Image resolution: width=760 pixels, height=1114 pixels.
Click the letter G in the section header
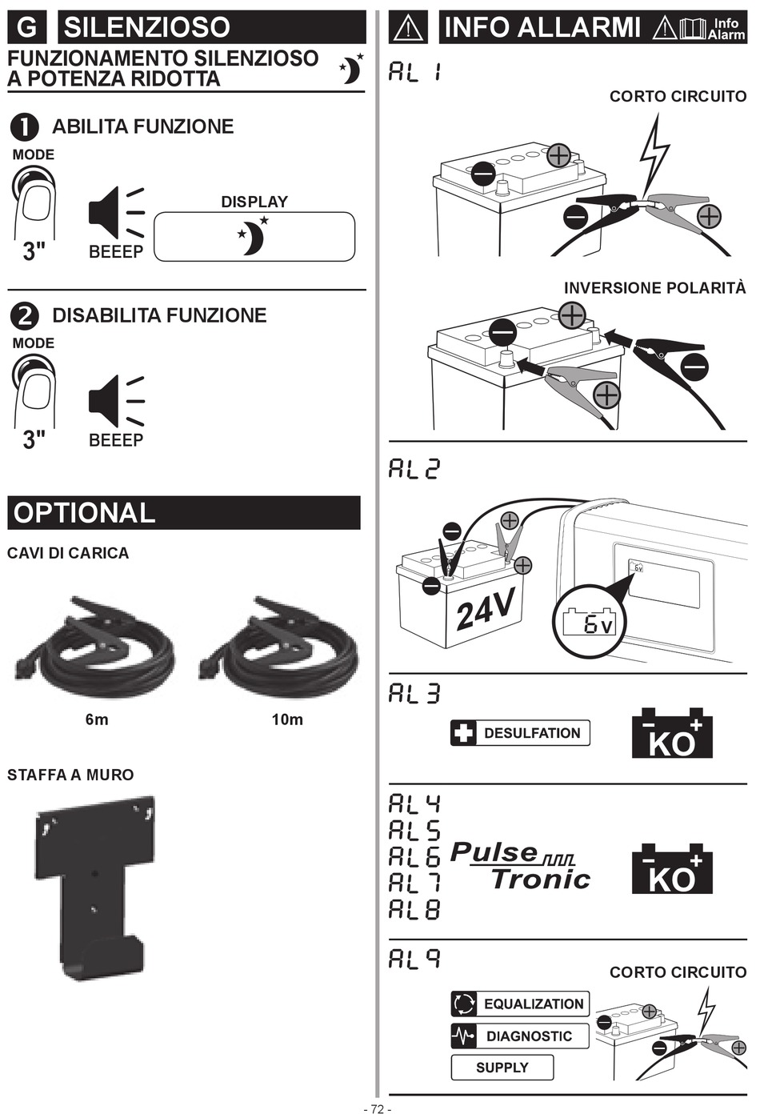click(27, 27)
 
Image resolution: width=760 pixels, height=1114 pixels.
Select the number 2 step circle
click(24, 316)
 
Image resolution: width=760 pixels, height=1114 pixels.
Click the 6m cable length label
click(97, 719)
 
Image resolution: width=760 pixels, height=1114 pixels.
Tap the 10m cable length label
click(287, 719)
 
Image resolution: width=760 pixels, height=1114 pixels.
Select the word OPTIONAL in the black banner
click(85, 513)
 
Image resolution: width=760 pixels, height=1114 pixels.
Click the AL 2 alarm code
click(414, 468)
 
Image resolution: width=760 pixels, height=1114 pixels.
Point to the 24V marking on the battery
click(485, 608)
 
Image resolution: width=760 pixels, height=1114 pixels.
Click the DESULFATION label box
click(520, 732)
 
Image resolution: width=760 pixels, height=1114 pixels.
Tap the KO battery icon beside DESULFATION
click(672, 733)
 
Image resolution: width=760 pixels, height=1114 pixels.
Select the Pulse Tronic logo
click(520, 866)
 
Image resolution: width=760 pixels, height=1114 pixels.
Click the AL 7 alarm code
click(414, 883)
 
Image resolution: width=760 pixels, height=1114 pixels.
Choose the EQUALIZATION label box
click(520, 1004)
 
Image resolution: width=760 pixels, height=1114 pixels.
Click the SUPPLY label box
click(502, 1068)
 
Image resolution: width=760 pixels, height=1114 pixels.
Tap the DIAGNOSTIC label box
click(520, 1036)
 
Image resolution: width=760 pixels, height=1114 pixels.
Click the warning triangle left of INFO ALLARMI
click(408, 28)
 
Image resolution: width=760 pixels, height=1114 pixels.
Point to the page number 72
click(378, 1108)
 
